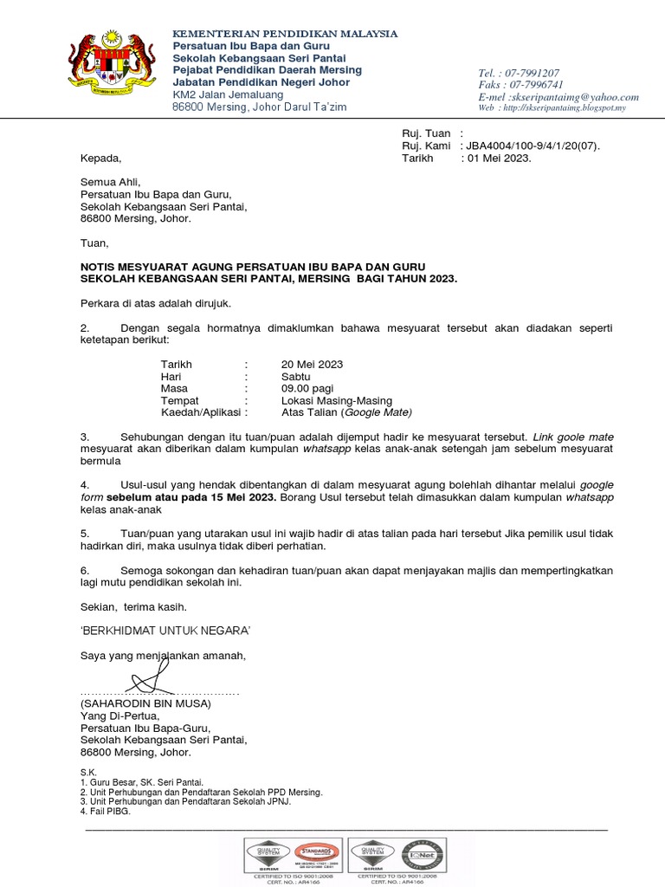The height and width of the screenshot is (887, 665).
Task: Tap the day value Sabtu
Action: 295,377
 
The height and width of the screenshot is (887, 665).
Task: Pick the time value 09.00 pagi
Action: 307,389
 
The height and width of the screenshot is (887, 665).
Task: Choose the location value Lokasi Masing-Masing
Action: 336,401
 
